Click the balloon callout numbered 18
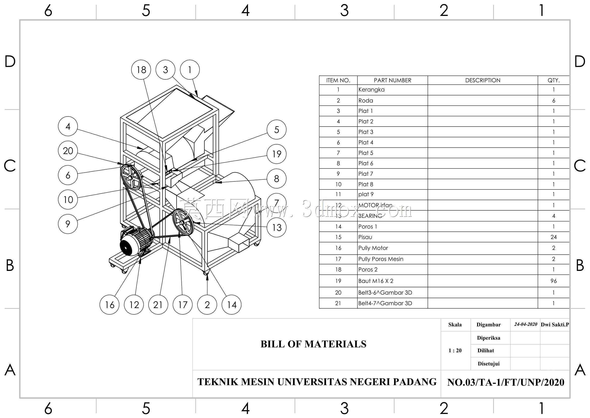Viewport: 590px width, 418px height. tap(141, 69)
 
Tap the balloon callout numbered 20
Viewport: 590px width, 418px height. tap(68, 151)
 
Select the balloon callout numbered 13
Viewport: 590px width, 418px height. tap(277, 227)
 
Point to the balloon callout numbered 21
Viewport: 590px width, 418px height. tap(158, 305)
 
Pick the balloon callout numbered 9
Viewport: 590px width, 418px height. tap(68, 224)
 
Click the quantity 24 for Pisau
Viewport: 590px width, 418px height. tap(553, 237)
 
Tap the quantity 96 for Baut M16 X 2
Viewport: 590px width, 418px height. tap(553, 281)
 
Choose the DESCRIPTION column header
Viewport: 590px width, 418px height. tap(483, 80)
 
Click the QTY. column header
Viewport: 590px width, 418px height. tap(553, 80)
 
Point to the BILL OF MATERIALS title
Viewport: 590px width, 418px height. tap(314, 344)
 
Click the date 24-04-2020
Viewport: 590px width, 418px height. tap(525, 324)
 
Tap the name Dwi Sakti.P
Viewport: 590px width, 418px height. tap(554, 324)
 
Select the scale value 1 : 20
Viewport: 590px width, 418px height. tap(455, 350)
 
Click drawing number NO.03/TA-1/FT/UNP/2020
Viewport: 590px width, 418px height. tap(505, 382)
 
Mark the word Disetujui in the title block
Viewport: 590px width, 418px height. tap(489, 364)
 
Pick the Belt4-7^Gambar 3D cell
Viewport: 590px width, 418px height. tap(385, 303)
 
